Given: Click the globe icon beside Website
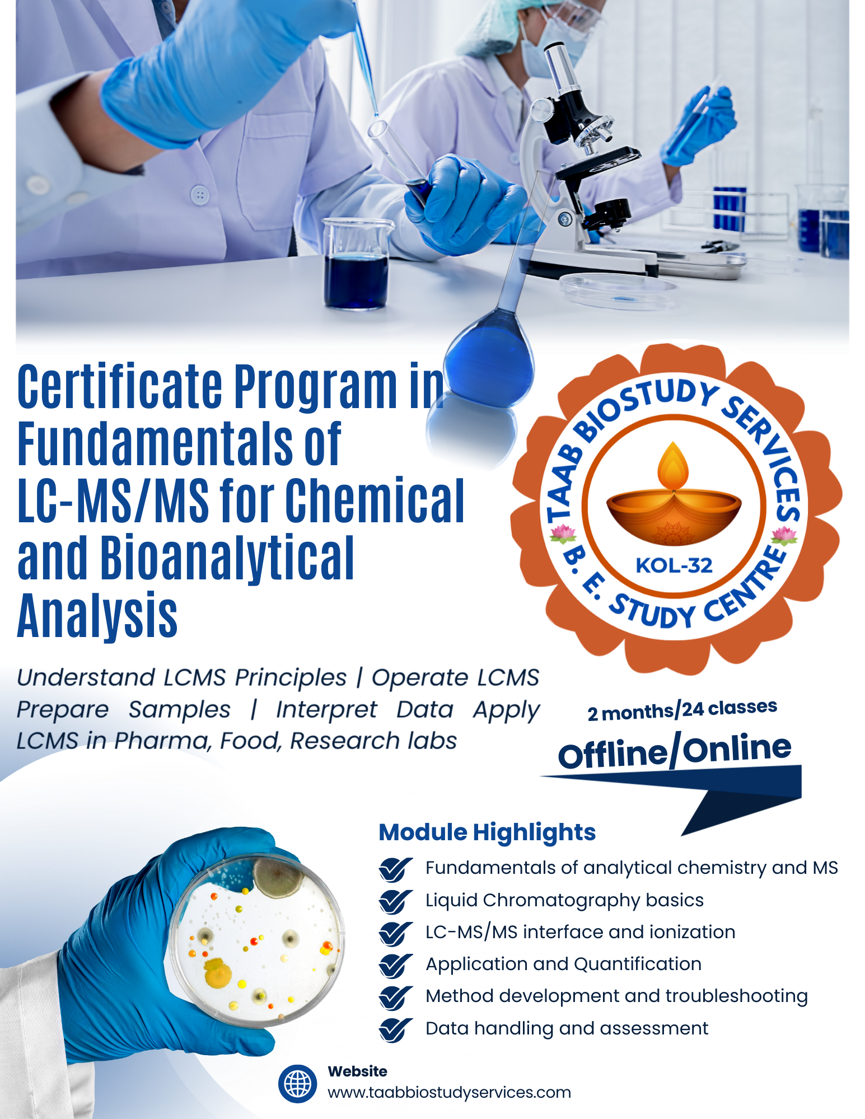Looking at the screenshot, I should (x=297, y=1084).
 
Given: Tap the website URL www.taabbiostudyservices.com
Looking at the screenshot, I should (x=449, y=1092).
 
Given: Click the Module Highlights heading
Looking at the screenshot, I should (x=487, y=832).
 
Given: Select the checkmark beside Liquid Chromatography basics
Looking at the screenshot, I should (x=395, y=901).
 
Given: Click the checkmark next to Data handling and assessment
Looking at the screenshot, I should (x=395, y=1029).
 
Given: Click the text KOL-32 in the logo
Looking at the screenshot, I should (x=674, y=565).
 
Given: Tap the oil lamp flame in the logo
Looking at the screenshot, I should (x=673, y=467).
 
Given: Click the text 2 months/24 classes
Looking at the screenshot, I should (x=682, y=710).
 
